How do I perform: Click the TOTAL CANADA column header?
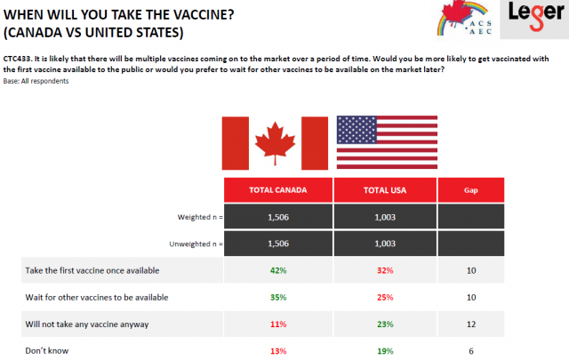[278, 190]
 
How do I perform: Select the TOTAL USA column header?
[385, 190]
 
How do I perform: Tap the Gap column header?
[471, 190]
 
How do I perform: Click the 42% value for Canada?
[278, 271]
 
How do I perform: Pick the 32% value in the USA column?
[385, 271]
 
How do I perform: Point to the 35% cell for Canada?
[278, 298]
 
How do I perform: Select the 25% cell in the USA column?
[385, 298]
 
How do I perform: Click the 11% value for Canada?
[278, 324]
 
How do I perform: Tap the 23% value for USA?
[385, 324]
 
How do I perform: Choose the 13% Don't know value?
[278, 351]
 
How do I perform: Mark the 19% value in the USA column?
[385, 351]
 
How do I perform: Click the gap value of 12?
[471, 324]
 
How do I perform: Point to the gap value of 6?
[471, 351]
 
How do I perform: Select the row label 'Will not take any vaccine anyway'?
[87, 324]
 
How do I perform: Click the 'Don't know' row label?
[47, 351]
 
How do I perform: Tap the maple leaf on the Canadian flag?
[275, 142]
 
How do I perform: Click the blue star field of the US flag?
[357, 130]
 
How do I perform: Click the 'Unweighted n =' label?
[196, 244]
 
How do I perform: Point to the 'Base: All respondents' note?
[36, 81]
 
